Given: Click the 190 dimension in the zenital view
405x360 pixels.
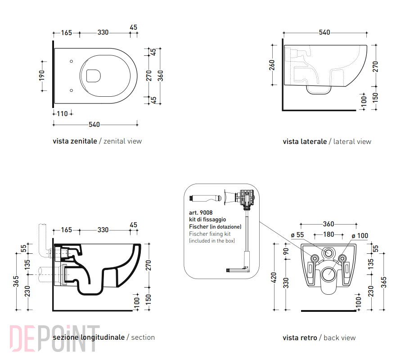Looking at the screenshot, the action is click(x=42, y=76).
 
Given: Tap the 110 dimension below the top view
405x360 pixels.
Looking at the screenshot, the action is click(x=62, y=114).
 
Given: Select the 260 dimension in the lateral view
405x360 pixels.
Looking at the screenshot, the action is click(x=272, y=65).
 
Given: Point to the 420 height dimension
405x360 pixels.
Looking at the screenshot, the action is click(x=274, y=277).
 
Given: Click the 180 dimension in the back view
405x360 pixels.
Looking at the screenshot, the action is click(x=328, y=234).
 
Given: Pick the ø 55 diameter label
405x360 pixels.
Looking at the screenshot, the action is click(x=297, y=235).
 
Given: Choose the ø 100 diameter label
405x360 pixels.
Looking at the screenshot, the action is click(x=360, y=236).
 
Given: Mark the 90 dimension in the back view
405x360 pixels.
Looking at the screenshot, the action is click(x=286, y=251).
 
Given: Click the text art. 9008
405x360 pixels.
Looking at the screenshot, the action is click(x=201, y=212).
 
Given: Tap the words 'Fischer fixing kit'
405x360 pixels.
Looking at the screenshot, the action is click(x=210, y=234).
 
